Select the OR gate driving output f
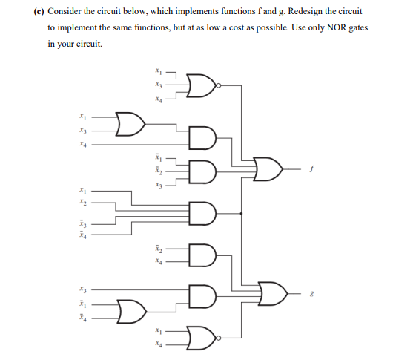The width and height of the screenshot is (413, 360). tap(267, 168)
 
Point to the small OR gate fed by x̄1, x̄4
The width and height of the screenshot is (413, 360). tap(130, 310)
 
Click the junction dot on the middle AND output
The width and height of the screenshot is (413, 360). tap(243, 214)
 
